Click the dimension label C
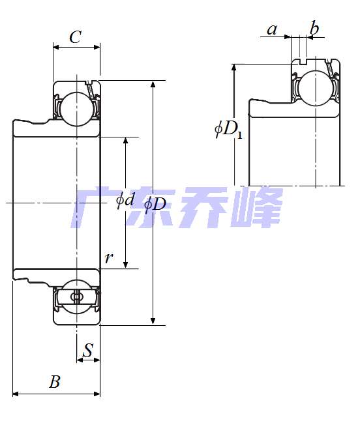pyautogui.click(x=76, y=37)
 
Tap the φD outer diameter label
pyautogui.click(x=155, y=204)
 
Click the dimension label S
pyautogui.click(x=88, y=350)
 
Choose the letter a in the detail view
pyautogui.click(x=272, y=29)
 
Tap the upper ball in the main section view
pyautogui.click(x=76, y=108)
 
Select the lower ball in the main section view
pyautogui.click(x=76, y=297)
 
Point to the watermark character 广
pyautogui.click(x=95, y=207)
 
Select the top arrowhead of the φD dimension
pyautogui.click(x=153, y=85)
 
